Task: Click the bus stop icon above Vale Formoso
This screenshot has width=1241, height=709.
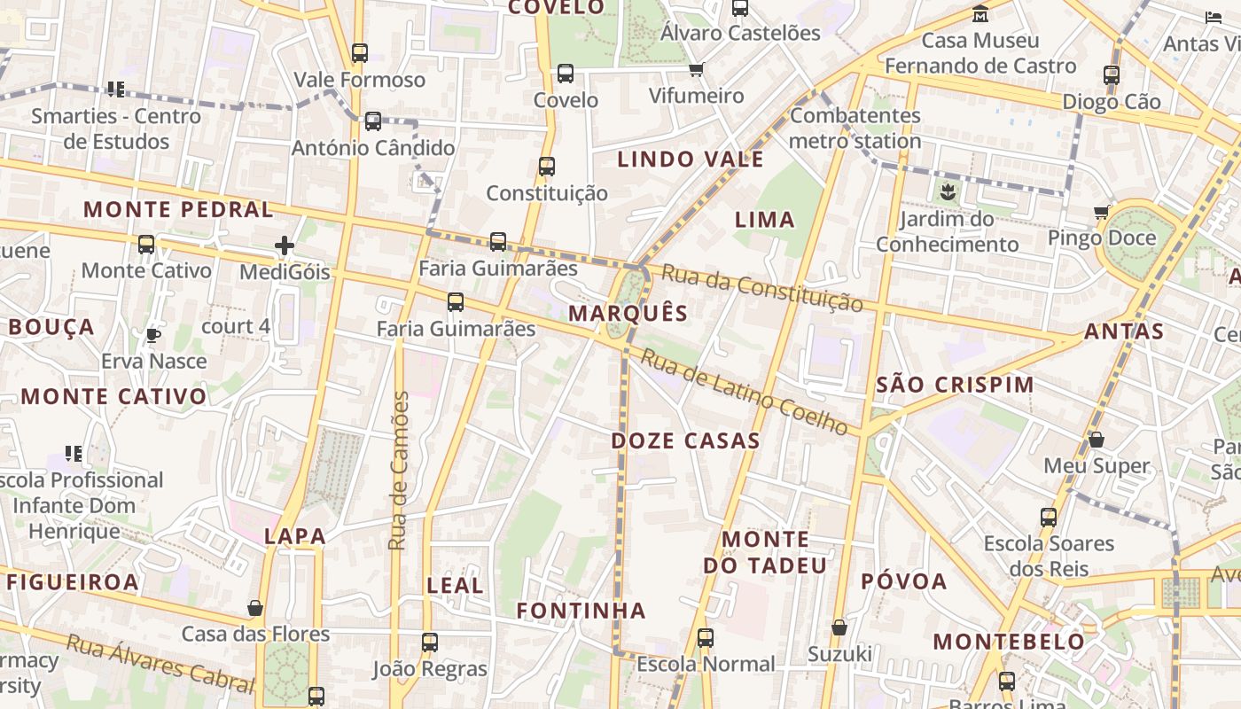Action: (359, 53)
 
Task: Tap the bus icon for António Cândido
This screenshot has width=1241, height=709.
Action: (373, 121)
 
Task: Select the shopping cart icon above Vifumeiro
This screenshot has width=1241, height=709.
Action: (697, 69)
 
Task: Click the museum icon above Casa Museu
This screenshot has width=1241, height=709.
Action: (980, 14)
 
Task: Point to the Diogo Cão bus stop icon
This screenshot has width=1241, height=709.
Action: (1112, 75)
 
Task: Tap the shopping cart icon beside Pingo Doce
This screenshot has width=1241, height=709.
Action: (1102, 212)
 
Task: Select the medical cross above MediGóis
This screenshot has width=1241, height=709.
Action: (285, 245)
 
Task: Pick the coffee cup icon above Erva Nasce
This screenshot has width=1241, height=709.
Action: (153, 335)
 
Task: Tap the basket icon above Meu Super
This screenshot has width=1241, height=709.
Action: (1097, 440)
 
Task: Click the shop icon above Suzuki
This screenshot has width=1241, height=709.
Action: (839, 628)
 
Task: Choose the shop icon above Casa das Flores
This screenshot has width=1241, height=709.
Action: (255, 608)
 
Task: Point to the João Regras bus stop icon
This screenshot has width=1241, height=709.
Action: (430, 643)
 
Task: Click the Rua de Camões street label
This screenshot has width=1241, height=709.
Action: (400, 470)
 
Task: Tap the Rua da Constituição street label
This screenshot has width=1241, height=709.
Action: (762, 288)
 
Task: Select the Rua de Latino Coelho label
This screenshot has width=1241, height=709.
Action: (745, 392)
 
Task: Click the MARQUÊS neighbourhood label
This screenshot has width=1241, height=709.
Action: (628, 313)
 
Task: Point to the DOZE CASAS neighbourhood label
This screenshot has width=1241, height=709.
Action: (685, 440)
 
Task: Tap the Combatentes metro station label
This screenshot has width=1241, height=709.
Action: (855, 128)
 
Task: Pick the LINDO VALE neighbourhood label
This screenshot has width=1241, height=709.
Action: (690, 160)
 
